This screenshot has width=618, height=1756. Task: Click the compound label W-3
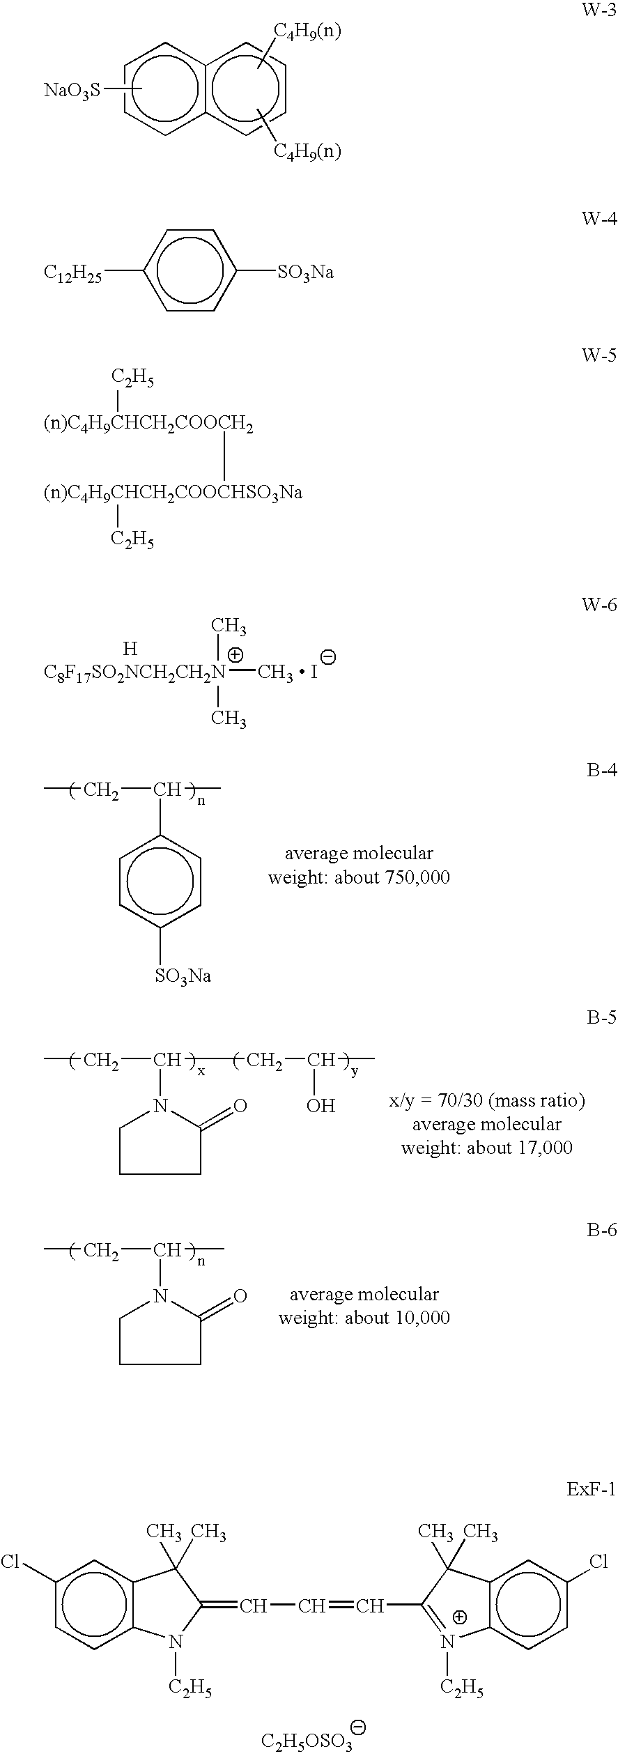coord(599,13)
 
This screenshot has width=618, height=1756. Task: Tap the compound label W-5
coord(599,355)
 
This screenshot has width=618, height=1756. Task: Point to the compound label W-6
coord(599,605)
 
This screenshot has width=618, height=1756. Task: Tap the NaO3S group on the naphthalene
coord(72,91)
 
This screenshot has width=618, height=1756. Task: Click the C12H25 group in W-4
coord(72,272)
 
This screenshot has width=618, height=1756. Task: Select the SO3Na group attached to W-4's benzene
coord(305,272)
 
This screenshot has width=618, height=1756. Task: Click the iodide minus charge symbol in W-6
coord(327,657)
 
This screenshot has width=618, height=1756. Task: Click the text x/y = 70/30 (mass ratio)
coord(486,1101)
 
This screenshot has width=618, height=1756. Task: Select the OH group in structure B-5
coord(320,1106)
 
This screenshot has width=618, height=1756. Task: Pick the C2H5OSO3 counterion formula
coord(307,1740)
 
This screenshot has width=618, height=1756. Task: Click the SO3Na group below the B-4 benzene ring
coord(183,976)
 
